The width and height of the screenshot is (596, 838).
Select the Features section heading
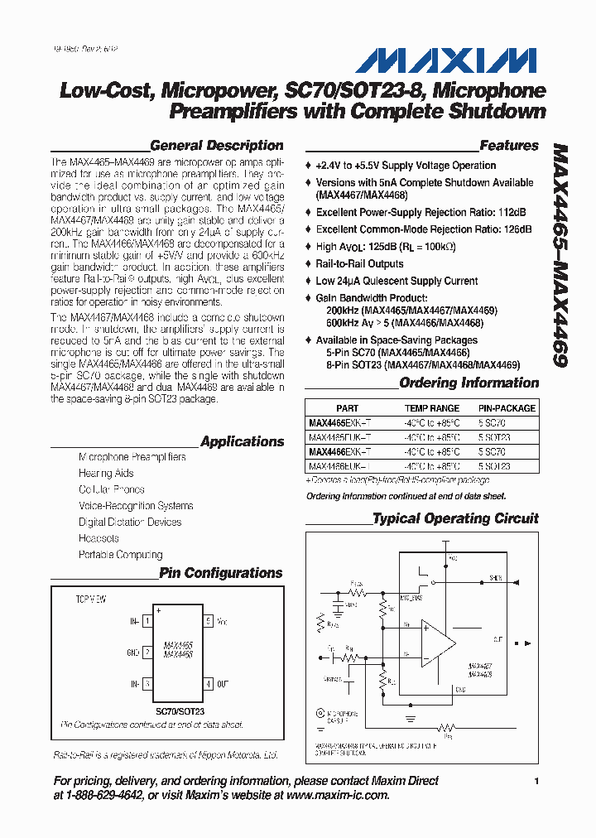(x=508, y=146)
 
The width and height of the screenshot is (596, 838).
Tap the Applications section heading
(x=242, y=441)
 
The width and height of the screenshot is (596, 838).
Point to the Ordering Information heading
(x=469, y=383)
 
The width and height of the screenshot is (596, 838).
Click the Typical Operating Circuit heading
(x=455, y=518)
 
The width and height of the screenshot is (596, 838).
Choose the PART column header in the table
(x=348, y=408)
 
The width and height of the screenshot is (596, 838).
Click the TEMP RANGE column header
(x=431, y=408)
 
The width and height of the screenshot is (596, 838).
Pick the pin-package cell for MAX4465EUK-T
(x=493, y=437)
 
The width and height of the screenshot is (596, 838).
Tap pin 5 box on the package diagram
(x=208, y=619)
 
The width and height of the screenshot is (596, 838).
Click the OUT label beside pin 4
(x=223, y=684)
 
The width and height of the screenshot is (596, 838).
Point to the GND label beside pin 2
(x=132, y=652)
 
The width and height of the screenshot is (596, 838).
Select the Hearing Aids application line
(x=106, y=473)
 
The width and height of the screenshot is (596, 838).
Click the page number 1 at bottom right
(x=536, y=781)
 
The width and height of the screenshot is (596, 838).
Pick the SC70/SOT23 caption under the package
(x=180, y=710)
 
